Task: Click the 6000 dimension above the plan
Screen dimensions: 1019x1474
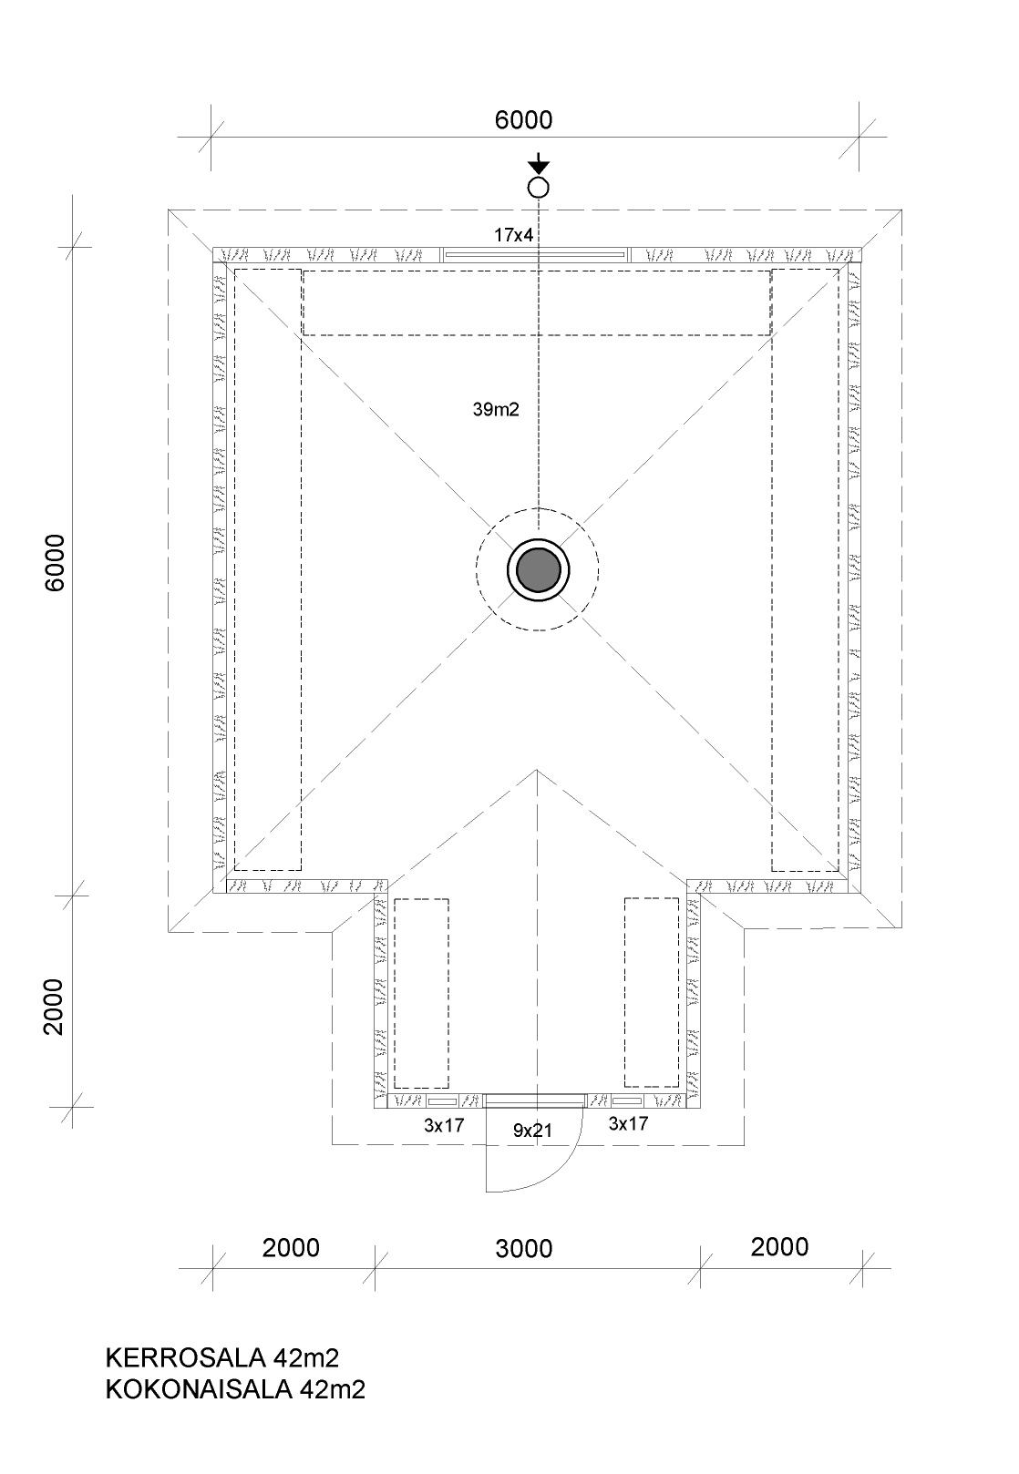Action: [523, 119]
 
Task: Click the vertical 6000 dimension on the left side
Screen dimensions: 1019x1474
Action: [55, 563]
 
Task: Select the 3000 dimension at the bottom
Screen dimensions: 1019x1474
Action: [523, 1249]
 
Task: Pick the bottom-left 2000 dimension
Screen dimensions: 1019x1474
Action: [290, 1248]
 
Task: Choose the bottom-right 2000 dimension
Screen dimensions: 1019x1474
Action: [779, 1247]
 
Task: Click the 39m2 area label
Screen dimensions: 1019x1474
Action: [496, 409]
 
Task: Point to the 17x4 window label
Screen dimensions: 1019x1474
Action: [513, 235]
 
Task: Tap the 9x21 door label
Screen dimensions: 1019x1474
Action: [532, 1131]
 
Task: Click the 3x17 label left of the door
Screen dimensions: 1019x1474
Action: [444, 1125]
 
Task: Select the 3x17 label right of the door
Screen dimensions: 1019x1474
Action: [628, 1124]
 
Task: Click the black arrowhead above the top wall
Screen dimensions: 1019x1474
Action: [540, 167]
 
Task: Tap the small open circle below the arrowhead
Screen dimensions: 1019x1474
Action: [539, 189]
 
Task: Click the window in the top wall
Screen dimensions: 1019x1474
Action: [534, 255]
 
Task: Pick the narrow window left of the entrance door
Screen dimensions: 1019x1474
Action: [442, 1100]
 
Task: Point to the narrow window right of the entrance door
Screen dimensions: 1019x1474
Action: [627, 1100]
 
